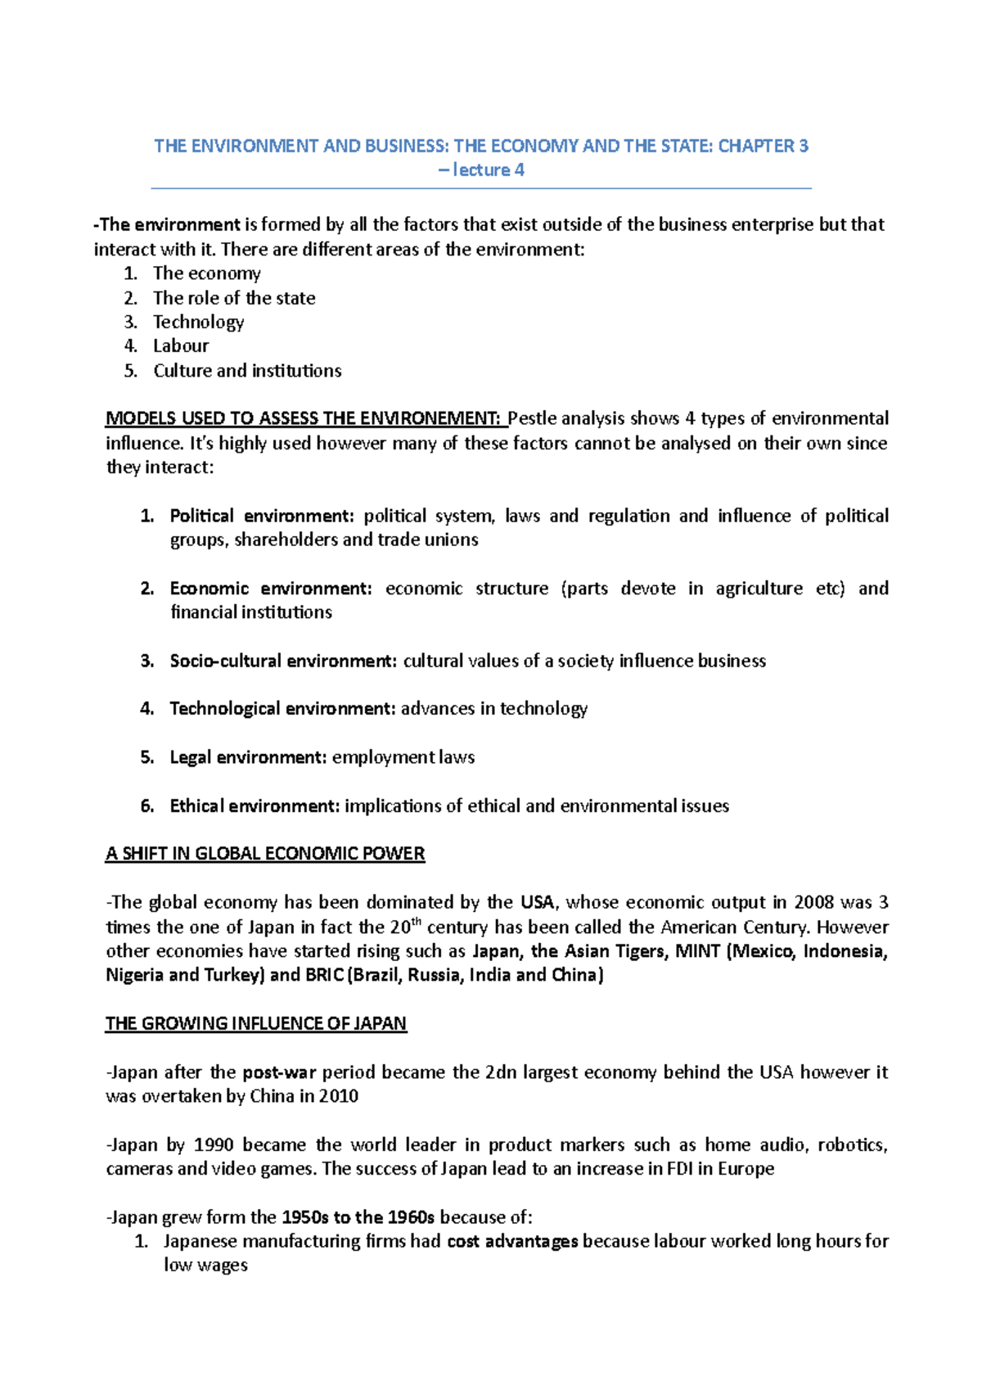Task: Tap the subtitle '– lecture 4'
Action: point(481,170)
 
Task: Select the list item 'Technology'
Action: point(198,322)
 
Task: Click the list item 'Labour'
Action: point(181,345)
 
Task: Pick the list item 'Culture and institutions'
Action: point(247,370)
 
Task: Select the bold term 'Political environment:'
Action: point(262,516)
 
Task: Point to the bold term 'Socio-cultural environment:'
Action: point(283,661)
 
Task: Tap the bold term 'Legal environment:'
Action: point(248,757)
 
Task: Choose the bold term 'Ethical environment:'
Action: point(254,806)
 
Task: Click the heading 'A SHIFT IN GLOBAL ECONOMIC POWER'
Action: point(265,854)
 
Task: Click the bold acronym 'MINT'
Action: point(697,950)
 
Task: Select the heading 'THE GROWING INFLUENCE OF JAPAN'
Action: point(256,1023)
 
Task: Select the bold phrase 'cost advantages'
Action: point(512,1241)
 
